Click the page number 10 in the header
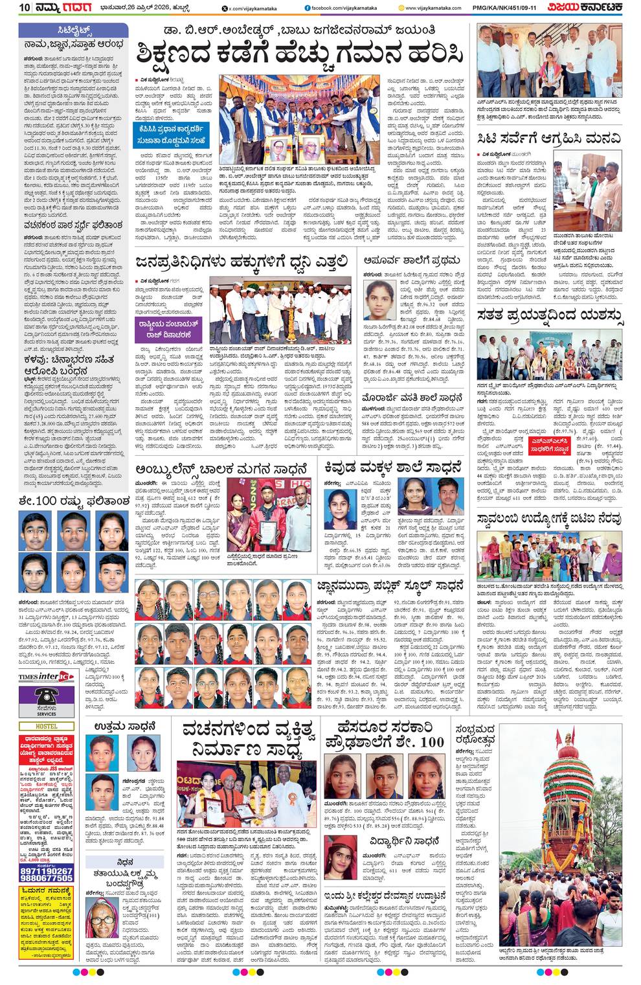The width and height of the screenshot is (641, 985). (x=25, y=8)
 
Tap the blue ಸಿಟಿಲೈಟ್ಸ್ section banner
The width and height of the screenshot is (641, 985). (x=73, y=30)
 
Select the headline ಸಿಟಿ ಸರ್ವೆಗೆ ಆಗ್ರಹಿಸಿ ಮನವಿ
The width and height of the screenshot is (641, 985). (x=549, y=138)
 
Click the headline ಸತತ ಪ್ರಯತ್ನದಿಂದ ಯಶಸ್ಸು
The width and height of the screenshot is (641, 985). (x=549, y=315)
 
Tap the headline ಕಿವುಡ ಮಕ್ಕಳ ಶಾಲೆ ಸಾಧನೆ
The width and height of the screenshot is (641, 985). (x=393, y=468)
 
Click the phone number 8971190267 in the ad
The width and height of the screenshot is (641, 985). (x=46, y=872)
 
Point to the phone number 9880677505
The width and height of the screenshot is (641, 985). (x=46, y=879)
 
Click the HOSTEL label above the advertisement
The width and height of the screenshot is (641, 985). (x=46, y=727)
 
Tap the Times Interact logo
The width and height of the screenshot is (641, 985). (x=45, y=677)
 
